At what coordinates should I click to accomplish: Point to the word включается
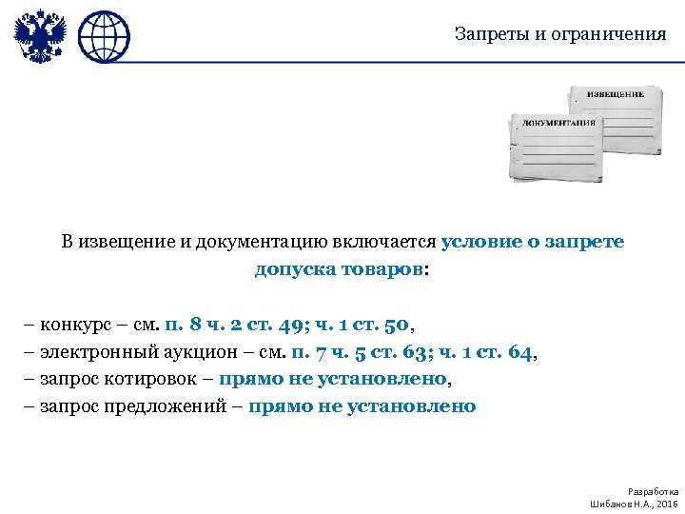click(384, 242)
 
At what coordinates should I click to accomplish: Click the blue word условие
click(481, 242)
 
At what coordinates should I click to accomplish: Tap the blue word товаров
click(384, 269)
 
